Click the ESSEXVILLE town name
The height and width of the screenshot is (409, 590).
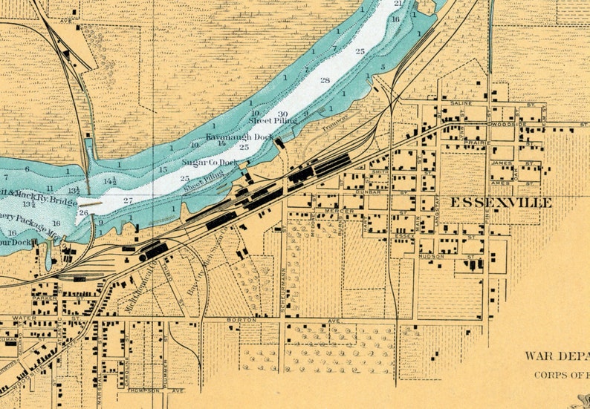[x=499, y=203]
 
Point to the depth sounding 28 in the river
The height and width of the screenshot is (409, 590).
[x=325, y=80]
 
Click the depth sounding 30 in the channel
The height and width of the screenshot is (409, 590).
[x=282, y=114]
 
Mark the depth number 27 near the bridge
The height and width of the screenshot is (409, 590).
[x=127, y=200]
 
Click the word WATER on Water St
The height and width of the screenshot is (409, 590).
[x=24, y=318]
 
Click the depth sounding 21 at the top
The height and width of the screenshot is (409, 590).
[x=398, y=4]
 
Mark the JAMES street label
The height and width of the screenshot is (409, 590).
[x=503, y=163]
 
